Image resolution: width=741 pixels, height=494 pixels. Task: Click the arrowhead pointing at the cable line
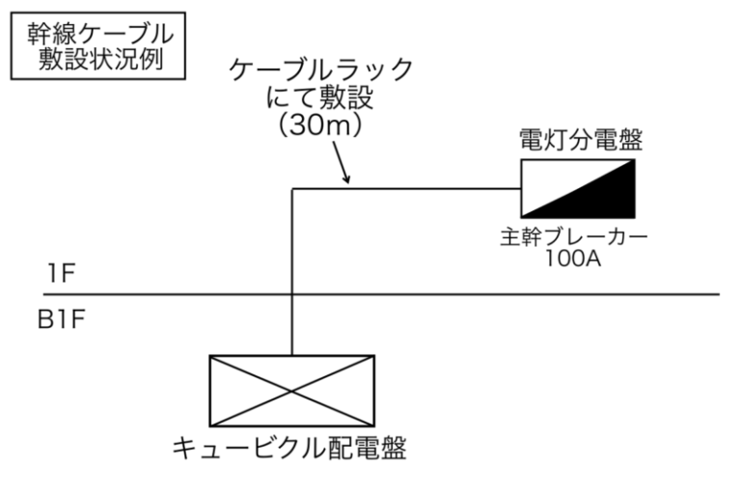point(346,179)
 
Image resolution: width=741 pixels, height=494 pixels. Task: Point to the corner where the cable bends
point(291,189)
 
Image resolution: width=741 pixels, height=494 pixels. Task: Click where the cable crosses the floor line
point(291,294)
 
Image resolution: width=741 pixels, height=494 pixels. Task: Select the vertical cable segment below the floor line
point(291,325)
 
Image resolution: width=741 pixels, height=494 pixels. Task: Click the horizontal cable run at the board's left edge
point(519,189)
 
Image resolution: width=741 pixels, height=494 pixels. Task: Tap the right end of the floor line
point(718,294)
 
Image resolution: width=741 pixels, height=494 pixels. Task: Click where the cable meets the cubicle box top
point(291,356)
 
